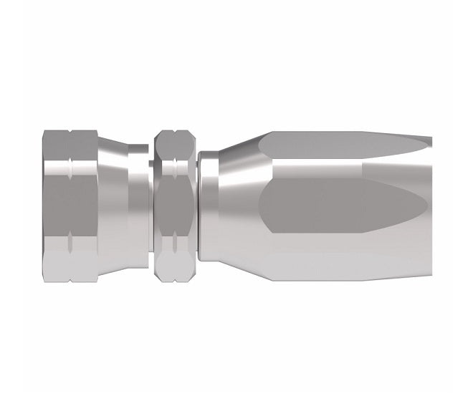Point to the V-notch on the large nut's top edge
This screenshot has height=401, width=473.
coord(71,132)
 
